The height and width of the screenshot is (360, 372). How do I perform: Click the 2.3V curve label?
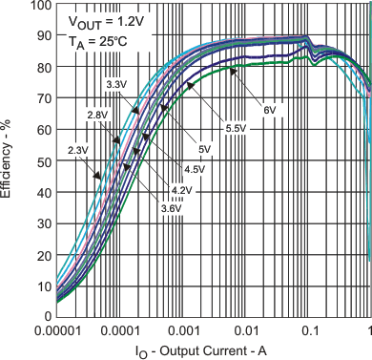click(x=78, y=149)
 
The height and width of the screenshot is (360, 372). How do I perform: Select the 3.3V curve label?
click(x=116, y=86)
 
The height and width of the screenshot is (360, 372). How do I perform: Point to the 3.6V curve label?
click(x=170, y=207)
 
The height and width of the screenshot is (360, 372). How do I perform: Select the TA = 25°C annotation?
click(x=93, y=41)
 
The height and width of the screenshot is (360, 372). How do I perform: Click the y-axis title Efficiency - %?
click(x=9, y=159)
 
